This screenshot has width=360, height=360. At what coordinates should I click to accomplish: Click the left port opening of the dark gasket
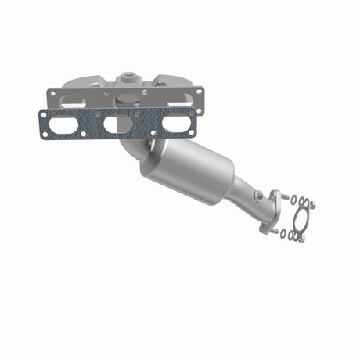(69, 124)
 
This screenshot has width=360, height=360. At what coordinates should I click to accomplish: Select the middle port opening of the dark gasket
(118, 124)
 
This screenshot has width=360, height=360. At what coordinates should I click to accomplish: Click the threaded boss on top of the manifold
(128, 79)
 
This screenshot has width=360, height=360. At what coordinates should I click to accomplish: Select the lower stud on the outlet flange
(274, 232)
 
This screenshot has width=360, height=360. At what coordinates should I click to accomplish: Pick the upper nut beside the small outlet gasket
(312, 205)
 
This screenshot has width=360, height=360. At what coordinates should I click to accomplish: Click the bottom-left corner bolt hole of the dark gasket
(45, 135)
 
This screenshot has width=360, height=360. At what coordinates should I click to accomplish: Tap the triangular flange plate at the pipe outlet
(271, 211)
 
